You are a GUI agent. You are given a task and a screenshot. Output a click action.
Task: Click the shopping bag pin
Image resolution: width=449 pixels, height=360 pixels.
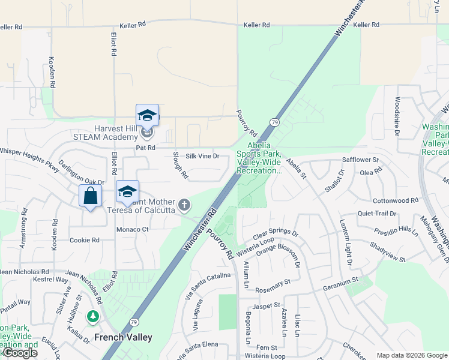(90, 196)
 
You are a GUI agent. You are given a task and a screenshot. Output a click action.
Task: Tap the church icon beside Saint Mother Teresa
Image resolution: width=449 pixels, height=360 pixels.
(184, 206)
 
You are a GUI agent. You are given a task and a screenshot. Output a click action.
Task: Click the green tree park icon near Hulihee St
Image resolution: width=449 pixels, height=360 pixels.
(92, 316)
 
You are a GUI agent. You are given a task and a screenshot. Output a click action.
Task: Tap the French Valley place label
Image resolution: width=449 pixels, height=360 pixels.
(122, 337)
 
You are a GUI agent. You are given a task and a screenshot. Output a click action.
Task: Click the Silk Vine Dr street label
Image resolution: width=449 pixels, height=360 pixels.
(203, 156)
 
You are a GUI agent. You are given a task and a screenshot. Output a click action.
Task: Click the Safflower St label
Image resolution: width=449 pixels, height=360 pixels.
(360, 160)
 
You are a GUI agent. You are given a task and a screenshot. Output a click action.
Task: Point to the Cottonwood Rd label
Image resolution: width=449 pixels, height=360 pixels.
(395, 200)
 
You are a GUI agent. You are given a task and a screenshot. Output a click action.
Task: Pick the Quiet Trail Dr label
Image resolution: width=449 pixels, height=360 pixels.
(377, 213)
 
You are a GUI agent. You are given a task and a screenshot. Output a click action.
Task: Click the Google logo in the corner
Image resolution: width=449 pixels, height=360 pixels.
(20, 353)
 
